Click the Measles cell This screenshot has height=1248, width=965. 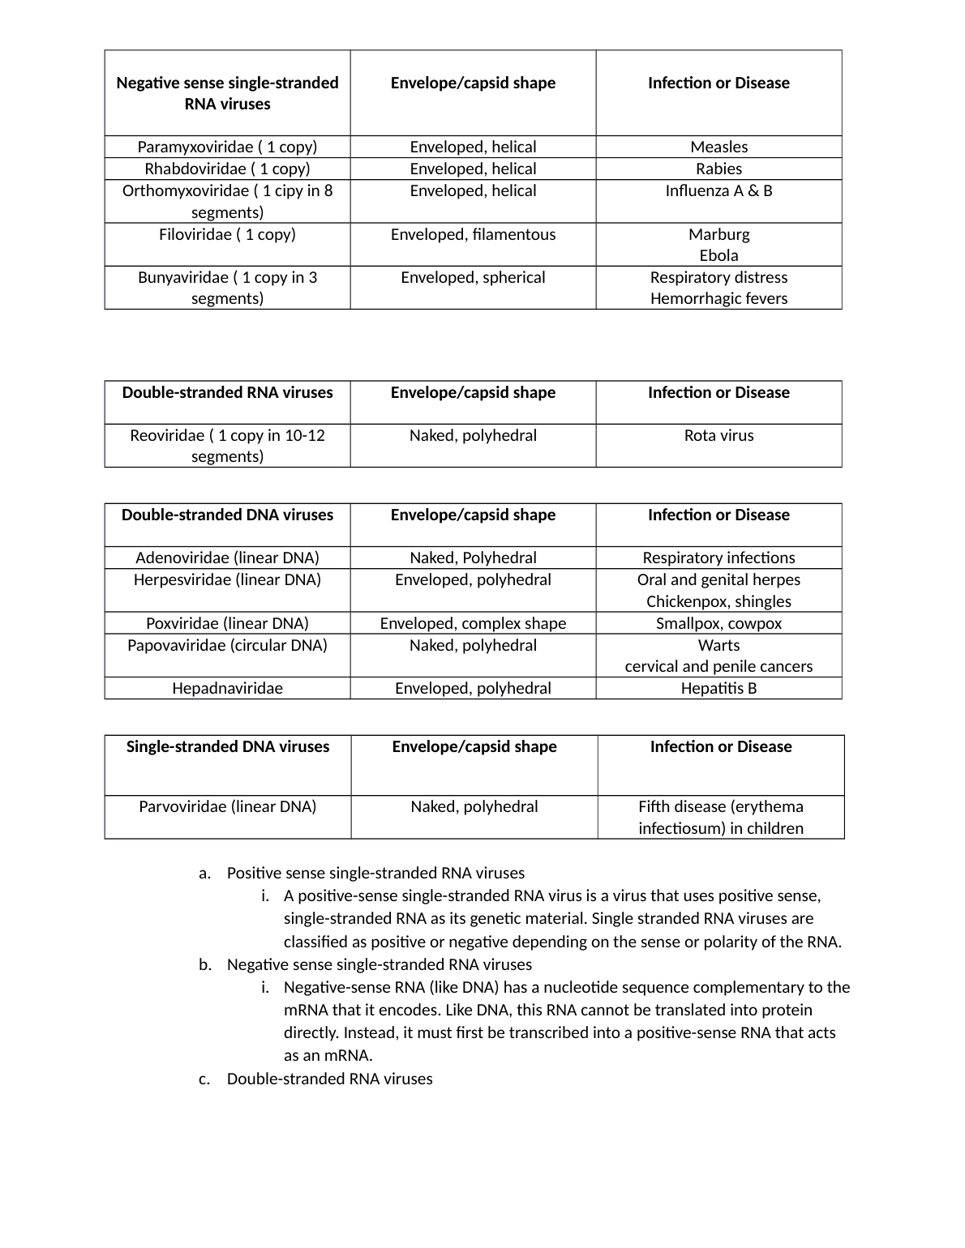(718, 147)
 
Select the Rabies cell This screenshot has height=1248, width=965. (718, 169)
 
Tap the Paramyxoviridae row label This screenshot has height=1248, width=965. (227, 147)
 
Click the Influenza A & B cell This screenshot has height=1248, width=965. (718, 190)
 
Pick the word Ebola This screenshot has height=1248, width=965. (718, 255)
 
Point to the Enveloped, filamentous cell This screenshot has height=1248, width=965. (473, 234)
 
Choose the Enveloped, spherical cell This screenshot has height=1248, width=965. (473, 277)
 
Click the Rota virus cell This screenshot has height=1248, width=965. (718, 435)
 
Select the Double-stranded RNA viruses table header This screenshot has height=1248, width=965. (227, 392)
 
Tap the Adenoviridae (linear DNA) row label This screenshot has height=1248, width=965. (227, 558)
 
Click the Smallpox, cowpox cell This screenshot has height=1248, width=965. (718, 623)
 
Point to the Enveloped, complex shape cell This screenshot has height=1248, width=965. (473, 623)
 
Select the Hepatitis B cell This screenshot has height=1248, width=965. (718, 688)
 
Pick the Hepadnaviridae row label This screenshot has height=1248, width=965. (227, 688)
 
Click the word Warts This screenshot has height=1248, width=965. (718, 645)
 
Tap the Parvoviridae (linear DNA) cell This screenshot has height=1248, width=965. (227, 806)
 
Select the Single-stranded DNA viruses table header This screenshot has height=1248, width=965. (228, 746)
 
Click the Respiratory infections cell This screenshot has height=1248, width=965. (718, 558)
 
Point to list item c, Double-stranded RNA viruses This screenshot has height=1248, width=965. (329, 1079)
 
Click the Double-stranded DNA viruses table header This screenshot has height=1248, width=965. (227, 515)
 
